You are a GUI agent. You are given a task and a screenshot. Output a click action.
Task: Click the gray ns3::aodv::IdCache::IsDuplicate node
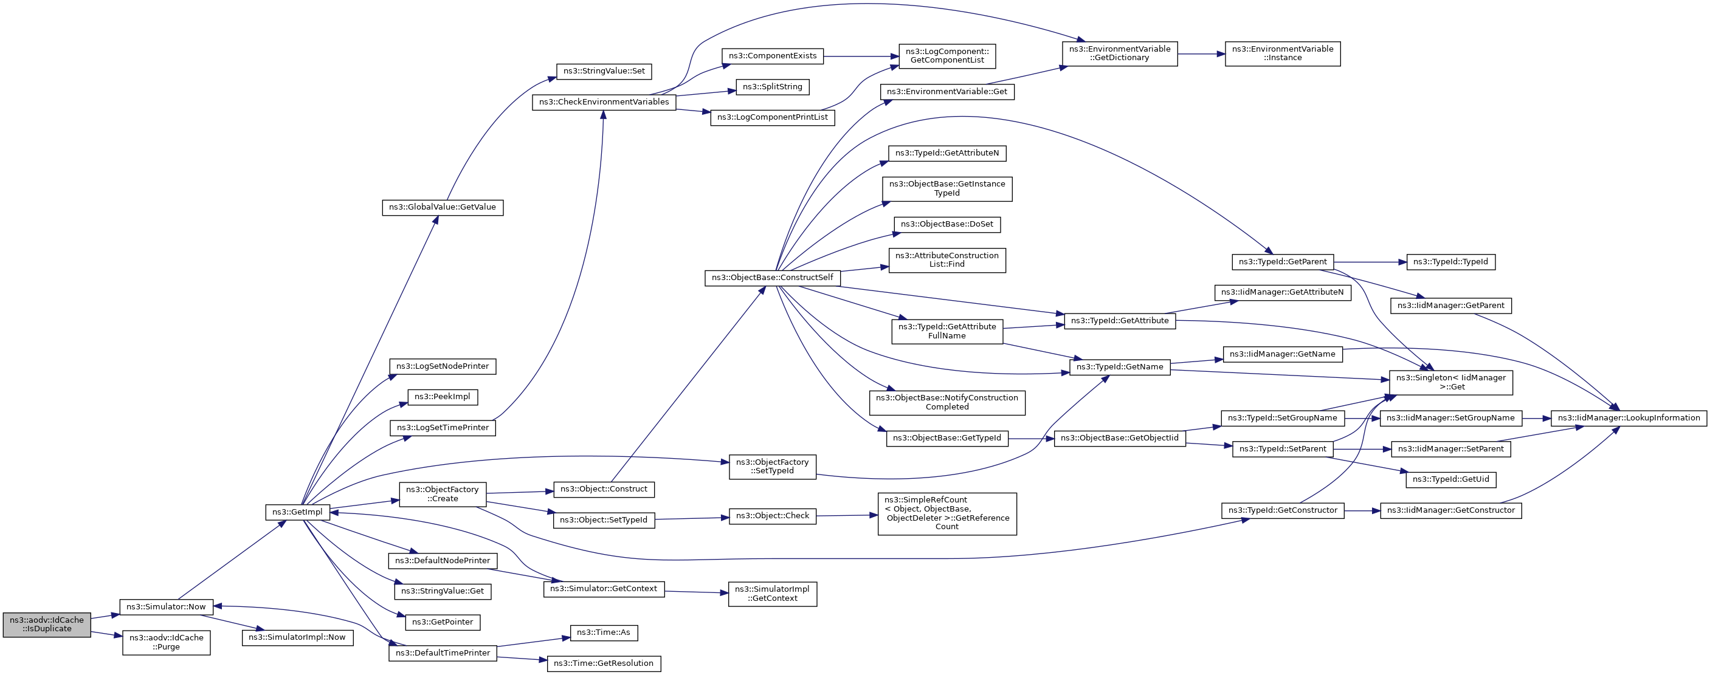coord(46,625)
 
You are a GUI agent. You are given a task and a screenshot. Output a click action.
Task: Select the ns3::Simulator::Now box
coord(166,606)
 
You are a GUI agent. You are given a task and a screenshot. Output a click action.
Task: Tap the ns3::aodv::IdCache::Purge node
coord(167,642)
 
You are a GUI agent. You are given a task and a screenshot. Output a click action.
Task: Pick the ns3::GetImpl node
coord(297,512)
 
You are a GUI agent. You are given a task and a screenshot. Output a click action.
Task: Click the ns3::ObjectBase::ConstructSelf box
coord(772,278)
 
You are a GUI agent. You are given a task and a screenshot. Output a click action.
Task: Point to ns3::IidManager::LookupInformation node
coord(1629,418)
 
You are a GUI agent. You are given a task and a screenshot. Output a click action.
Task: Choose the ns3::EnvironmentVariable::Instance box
coord(1283,53)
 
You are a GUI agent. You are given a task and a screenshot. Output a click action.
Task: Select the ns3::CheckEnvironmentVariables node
coord(604,102)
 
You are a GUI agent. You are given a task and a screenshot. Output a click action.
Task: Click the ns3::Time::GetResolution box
coord(604,663)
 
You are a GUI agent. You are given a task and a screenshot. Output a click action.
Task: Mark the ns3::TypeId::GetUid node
coord(1450,479)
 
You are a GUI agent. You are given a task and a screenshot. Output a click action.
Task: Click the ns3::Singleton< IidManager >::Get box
coord(1451,382)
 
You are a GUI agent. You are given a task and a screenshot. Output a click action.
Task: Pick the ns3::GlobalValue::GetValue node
coord(443,207)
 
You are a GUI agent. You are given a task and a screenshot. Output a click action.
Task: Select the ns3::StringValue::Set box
coord(604,71)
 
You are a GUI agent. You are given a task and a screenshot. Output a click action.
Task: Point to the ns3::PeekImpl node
coord(443,397)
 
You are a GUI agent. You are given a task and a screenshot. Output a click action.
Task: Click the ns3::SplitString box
coord(772,87)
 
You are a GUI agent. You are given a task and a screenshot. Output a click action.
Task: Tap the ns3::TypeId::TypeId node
coord(1450,262)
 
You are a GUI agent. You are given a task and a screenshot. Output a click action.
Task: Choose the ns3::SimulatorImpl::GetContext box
coord(772,594)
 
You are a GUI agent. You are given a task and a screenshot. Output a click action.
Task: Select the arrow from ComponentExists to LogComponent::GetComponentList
coord(861,57)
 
